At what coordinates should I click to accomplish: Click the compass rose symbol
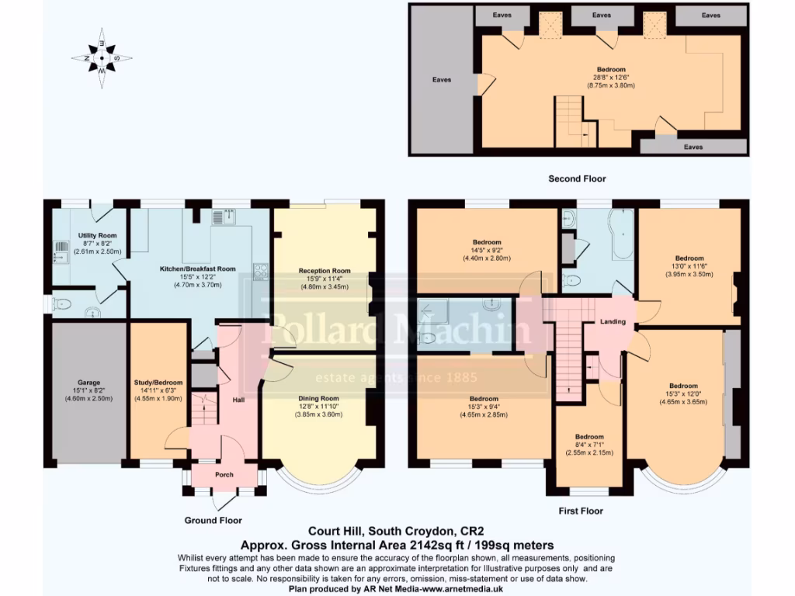point(102,57)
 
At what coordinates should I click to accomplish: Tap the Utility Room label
point(97,235)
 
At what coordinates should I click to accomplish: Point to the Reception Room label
point(325,271)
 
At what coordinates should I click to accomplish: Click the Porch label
point(224,475)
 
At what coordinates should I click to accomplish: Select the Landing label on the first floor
point(613,321)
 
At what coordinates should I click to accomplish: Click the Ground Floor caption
point(213,520)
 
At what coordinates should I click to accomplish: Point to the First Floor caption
point(581,511)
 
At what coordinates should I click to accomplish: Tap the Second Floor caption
point(577,178)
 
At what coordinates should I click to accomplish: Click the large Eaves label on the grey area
point(442,79)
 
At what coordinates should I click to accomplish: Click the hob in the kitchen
point(260,272)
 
